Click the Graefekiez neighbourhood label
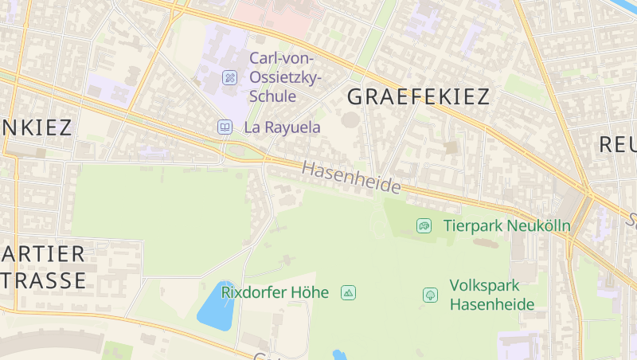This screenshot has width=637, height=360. pos(419,97)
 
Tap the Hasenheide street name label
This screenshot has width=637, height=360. pos(351,178)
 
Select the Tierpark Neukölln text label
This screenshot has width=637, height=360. pos(506,225)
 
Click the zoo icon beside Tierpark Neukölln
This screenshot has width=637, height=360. pos(424,226)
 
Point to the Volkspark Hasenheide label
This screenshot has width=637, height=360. pos(485,294)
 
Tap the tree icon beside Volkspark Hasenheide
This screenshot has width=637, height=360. pos(430,295)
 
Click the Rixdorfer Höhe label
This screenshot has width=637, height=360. pos(275,292)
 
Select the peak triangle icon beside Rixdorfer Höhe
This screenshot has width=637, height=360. pos(348,293)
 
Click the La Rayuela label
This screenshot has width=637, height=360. pos(282,127)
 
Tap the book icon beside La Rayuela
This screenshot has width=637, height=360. pos(225,127)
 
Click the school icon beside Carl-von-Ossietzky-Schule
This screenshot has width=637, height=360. pos(229,77)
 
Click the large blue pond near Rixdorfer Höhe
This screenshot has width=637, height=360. pos(215,307)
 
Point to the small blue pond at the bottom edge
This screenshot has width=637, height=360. pos(339,354)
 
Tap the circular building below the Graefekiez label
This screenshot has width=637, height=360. pos(350,120)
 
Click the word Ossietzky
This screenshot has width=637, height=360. pos(285,77)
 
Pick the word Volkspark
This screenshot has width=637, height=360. pos(484,285)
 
